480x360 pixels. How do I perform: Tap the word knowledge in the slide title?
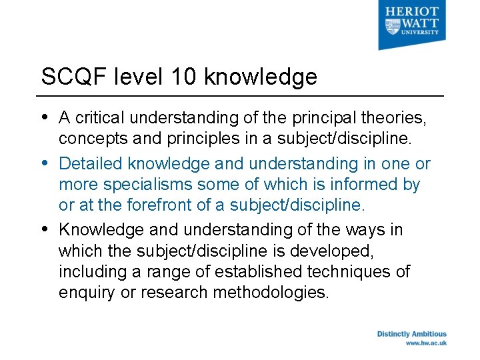261,77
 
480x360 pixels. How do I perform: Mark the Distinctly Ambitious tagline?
411,334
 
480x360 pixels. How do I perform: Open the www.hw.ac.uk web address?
426,343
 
